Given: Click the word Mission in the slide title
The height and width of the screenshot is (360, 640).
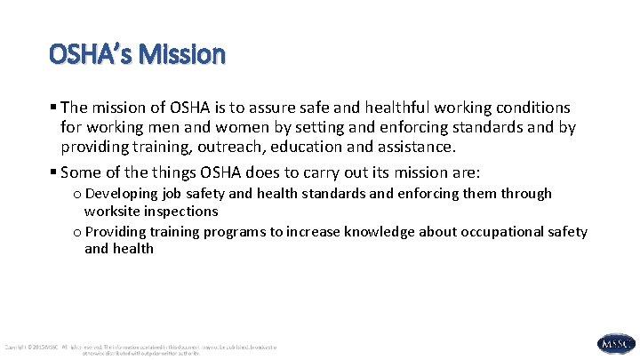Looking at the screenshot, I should [189, 55].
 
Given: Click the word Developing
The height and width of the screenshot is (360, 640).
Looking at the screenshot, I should [125, 193].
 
